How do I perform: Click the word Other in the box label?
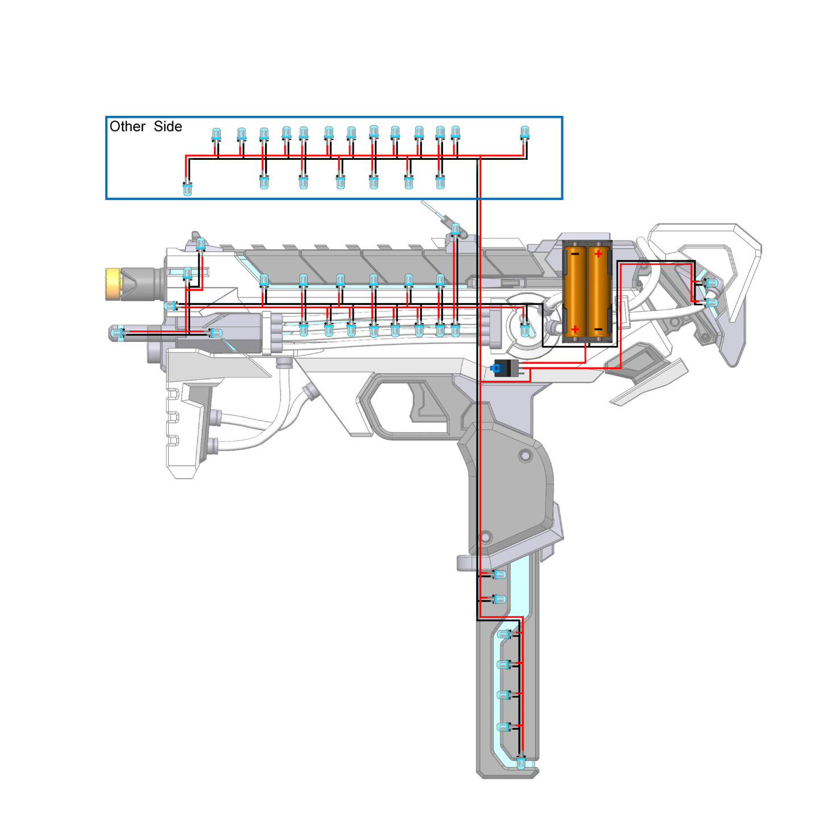click(x=127, y=126)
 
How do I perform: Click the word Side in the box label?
click(x=168, y=126)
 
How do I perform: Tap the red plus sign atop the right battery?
click(x=598, y=254)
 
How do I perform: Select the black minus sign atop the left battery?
click(x=575, y=254)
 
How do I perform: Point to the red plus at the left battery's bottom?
click(x=575, y=329)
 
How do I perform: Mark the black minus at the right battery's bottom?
click(x=598, y=329)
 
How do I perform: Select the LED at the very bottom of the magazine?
click(x=521, y=763)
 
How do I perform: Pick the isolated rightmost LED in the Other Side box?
click(x=524, y=133)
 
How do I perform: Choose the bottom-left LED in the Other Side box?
click(x=188, y=189)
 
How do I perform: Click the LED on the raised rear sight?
click(x=456, y=229)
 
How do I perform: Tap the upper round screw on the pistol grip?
click(x=526, y=456)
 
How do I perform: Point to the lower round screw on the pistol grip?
click(x=486, y=537)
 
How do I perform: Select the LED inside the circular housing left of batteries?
click(x=525, y=329)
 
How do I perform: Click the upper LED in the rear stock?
click(x=712, y=283)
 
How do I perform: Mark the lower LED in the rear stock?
click(x=712, y=303)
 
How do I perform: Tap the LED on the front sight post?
click(x=201, y=245)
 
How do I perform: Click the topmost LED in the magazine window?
click(x=499, y=575)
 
